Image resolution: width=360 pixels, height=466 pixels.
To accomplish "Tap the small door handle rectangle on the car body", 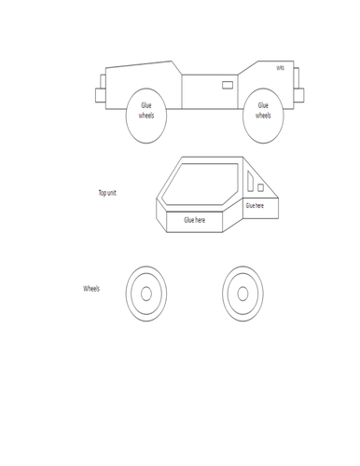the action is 228,85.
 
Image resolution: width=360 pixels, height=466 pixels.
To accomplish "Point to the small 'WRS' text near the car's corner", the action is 280,68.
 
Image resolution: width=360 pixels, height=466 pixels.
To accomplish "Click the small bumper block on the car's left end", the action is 100,94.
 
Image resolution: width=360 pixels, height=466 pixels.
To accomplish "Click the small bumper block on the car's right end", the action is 299,94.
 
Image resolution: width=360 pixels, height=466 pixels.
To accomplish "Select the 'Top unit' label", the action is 107,193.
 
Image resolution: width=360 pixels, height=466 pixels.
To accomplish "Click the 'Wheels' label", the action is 91,289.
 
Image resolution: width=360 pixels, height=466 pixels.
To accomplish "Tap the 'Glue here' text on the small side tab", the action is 255,205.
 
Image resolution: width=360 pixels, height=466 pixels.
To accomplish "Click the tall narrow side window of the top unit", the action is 250,185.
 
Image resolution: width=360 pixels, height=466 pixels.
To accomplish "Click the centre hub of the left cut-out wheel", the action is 145,294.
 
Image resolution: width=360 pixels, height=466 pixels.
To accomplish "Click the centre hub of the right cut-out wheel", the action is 244,294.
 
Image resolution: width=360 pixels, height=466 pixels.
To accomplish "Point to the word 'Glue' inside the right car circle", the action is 264,107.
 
